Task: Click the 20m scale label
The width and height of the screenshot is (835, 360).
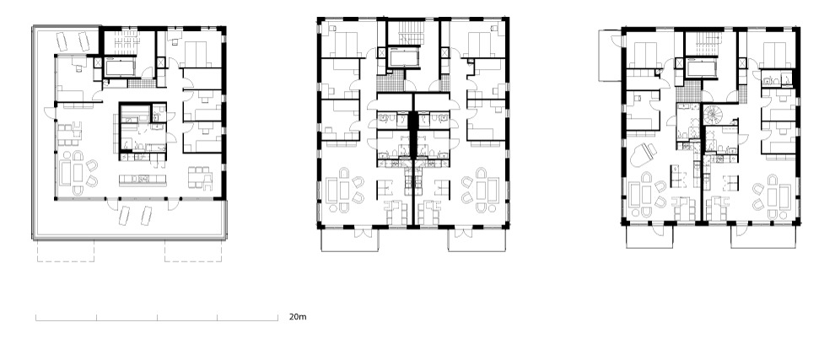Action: [298, 317]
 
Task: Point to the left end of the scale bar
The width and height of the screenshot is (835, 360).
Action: [36, 318]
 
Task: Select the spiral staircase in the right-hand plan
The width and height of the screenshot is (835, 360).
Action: [713, 114]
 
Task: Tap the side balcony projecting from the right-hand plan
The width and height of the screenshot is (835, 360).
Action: [611, 56]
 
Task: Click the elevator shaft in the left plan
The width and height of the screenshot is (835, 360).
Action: [121, 67]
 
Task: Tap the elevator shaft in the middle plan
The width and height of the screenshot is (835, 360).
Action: [404, 57]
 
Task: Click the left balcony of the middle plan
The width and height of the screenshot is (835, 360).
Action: [350, 239]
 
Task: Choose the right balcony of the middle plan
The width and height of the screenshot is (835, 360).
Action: [477, 239]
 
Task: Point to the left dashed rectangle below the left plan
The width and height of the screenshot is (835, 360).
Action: [66, 251]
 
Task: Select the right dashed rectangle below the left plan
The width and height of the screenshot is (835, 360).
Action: [193, 251]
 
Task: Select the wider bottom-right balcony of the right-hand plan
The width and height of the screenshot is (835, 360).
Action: [764, 237]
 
